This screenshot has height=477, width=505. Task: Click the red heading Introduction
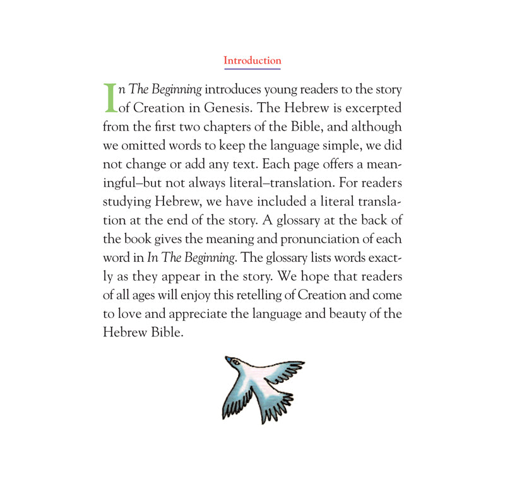(252, 61)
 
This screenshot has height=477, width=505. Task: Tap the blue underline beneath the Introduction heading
(252, 68)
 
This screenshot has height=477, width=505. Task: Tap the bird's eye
(235, 362)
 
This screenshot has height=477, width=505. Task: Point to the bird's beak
(227, 359)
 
